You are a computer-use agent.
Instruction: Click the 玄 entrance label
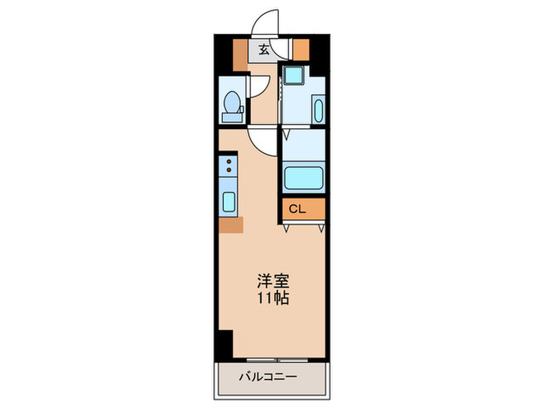click(264, 51)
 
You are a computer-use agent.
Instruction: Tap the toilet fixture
click(231, 106)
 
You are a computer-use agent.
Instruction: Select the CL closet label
click(298, 209)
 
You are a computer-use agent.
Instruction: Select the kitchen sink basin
click(230, 201)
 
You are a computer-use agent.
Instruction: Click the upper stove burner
click(229, 160)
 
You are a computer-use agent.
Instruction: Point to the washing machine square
click(293, 76)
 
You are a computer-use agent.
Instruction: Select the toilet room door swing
click(260, 87)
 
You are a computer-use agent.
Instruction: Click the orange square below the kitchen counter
click(231, 225)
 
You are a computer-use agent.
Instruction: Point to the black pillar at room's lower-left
click(225, 341)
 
